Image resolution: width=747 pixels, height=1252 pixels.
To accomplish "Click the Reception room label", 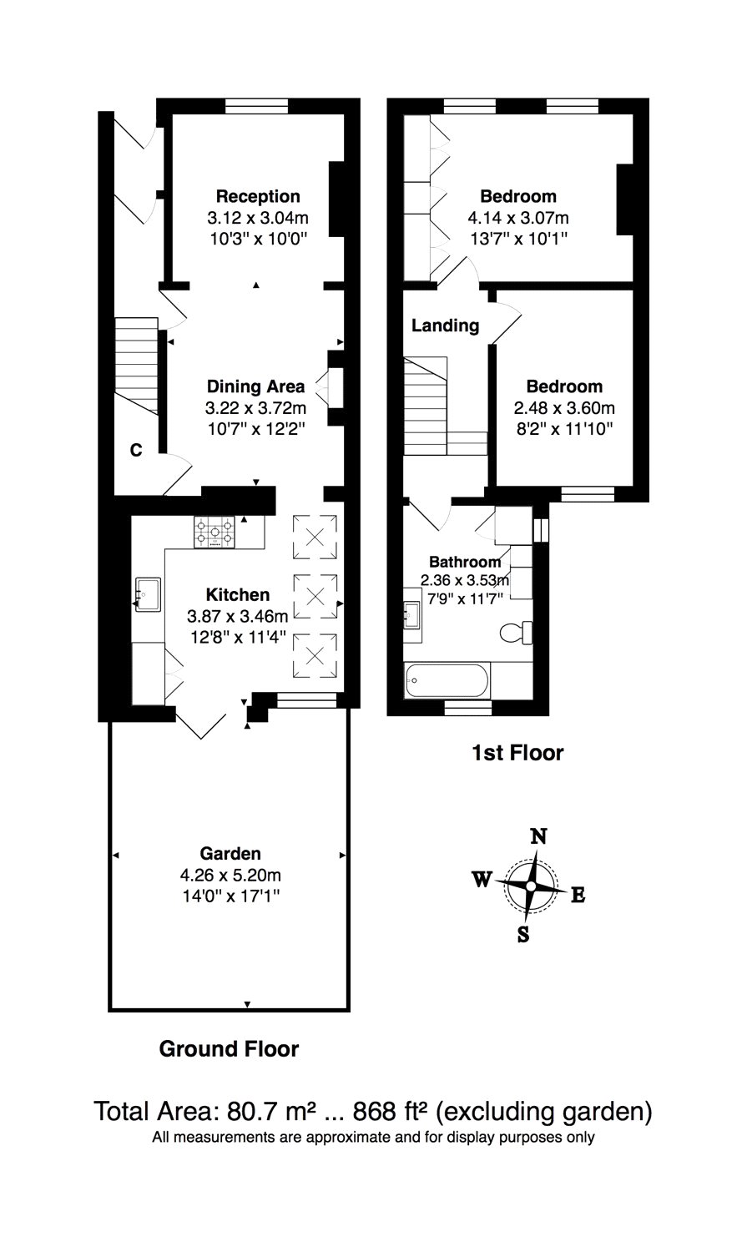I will (x=258, y=196).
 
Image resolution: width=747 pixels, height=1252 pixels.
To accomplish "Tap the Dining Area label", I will (x=255, y=386).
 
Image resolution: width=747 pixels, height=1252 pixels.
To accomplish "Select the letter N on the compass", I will (x=539, y=836).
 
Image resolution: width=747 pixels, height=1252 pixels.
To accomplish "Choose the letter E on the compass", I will (x=578, y=896).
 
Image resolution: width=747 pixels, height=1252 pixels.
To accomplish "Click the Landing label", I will (x=445, y=326).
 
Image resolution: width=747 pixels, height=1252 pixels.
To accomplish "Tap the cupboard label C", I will (x=135, y=451).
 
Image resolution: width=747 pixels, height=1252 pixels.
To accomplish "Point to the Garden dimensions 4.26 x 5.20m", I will (x=230, y=876).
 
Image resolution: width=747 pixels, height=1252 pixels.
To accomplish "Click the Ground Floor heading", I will (x=229, y=1049).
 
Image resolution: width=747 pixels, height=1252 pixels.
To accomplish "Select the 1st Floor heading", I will (x=517, y=753).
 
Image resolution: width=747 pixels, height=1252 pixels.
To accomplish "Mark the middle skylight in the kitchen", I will (x=315, y=596).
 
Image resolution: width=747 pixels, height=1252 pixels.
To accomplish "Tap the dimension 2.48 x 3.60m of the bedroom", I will (x=564, y=408).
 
